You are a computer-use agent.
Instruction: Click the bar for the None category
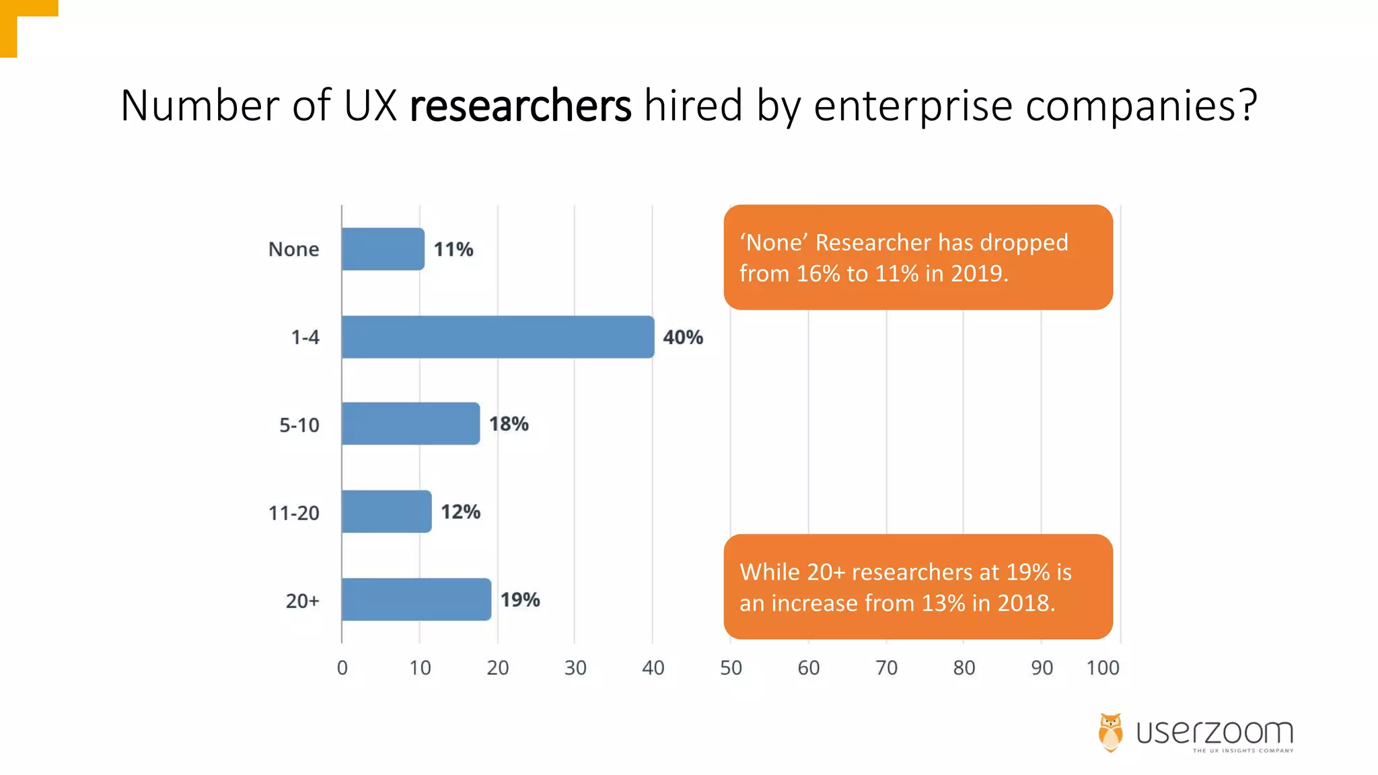point(383,249)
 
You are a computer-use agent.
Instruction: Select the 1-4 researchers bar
point(497,337)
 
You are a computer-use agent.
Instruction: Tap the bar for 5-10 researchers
point(410,424)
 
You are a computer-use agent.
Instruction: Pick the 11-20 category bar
point(386,512)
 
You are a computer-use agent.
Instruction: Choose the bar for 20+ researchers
point(416,599)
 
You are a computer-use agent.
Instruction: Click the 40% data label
point(682,337)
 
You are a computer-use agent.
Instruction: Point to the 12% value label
point(460,512)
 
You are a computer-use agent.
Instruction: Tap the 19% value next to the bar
point(519,599)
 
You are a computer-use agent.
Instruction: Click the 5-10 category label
point(299,425)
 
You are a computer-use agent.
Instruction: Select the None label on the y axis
point(293,249)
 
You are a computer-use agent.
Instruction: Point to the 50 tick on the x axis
point(731,667)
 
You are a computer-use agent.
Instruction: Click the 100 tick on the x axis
point(1103,667)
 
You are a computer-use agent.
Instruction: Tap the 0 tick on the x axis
point(342,667)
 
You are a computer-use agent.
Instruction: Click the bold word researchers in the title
point(520,106)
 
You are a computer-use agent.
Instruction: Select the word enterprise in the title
point(912,106)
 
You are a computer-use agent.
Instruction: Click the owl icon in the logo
point(1110,732)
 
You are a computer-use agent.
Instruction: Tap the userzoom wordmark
point(1214,732)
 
